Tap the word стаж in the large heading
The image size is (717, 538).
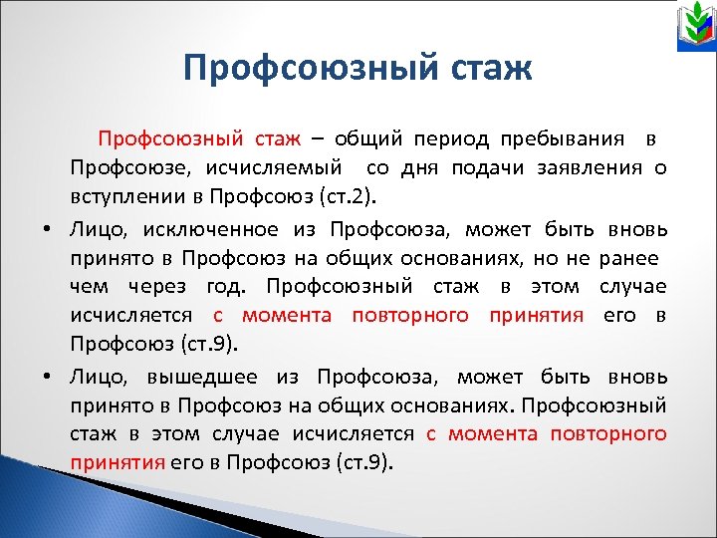click(490, 69)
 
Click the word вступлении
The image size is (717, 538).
click(118, 191)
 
